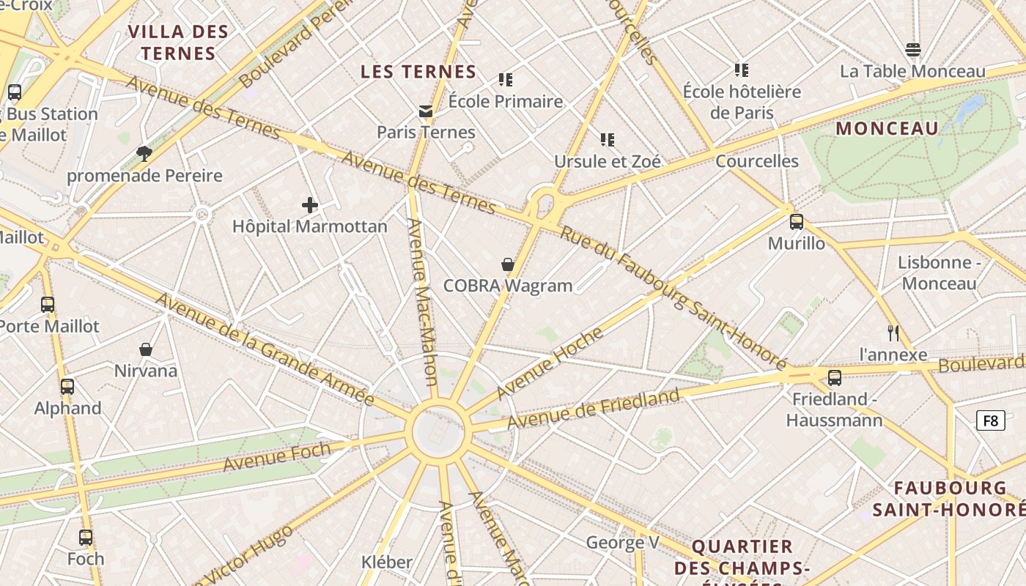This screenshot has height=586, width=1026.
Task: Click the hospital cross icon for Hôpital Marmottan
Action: (310, 205)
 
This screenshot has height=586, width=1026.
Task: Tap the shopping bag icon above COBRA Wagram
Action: (507, 264)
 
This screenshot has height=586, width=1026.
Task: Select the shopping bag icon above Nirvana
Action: (146, 349)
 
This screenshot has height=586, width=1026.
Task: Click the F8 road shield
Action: (990, 420)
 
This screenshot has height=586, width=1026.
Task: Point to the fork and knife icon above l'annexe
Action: (893, 333)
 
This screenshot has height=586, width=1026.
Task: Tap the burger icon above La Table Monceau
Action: (912, 50)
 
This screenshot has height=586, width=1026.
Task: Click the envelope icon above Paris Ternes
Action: (425, 111)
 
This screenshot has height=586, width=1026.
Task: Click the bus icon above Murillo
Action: (797, 222)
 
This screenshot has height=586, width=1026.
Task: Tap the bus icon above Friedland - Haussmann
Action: (834, 378)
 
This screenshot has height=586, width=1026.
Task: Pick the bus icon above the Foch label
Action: (86, 538)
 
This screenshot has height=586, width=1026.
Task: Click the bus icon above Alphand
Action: (67, 387)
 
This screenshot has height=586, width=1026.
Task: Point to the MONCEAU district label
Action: (887, 129)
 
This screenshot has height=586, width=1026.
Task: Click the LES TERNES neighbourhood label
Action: (418, 72)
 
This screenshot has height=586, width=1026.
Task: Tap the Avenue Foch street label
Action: (277, 456)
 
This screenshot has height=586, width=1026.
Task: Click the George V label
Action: (623, 543)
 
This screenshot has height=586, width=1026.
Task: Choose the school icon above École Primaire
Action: (506, 79)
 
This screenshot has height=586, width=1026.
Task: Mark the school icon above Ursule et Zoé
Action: (607, 139)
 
